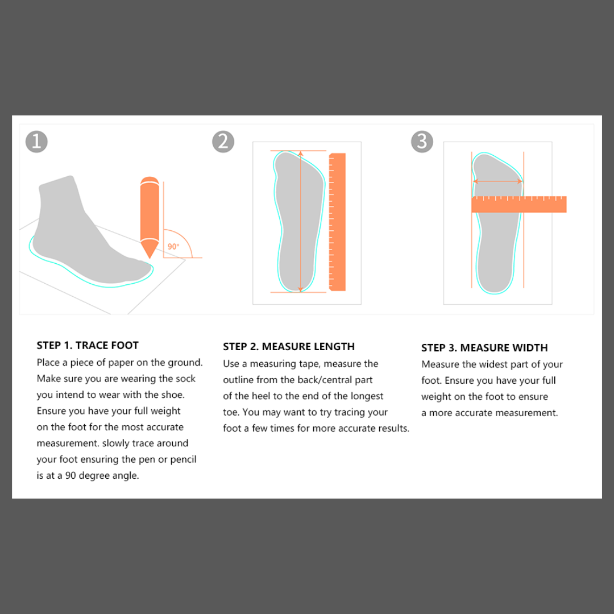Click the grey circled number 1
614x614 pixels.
tap(36, 142)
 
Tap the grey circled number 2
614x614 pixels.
tap(223, 142)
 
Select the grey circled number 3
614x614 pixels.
tap(422, 142)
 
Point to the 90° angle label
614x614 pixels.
tap(173, 246)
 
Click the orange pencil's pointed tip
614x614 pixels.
tap(150, 258)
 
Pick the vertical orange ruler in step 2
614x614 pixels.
tap(337, 222)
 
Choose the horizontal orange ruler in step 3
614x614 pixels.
tap(519, 204)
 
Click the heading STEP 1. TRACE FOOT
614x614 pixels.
tap(88, 346)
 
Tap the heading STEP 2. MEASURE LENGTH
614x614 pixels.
tap(289, 347)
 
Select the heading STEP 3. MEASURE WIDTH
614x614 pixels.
tap(484, 348)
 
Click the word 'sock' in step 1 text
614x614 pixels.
tap(186, 379)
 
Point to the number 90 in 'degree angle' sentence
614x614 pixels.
tap(70, 475)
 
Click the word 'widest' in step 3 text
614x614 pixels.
tap(493, 364)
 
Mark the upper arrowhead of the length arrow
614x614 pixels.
tap(301, 153)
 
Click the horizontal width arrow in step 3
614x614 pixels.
tap(497, 181)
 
